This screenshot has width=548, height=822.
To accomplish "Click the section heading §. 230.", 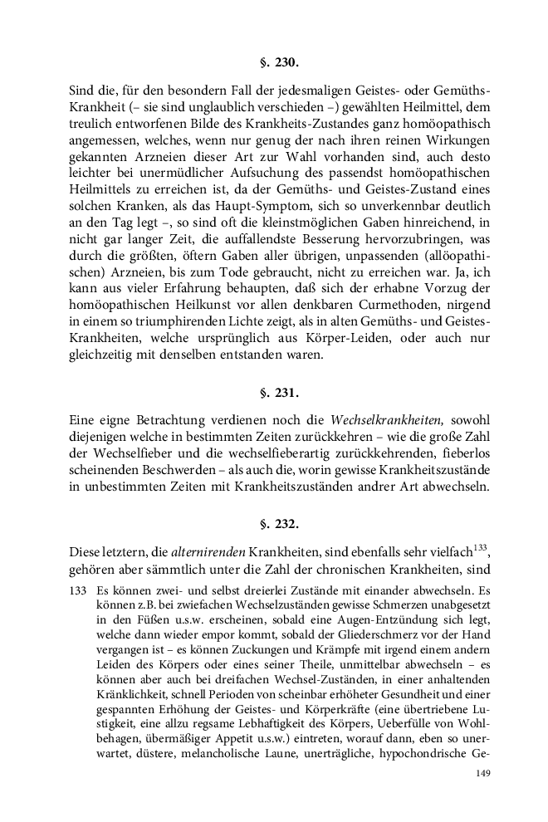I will coord(274,61).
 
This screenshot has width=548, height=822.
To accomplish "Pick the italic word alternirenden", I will coord(219,551).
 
